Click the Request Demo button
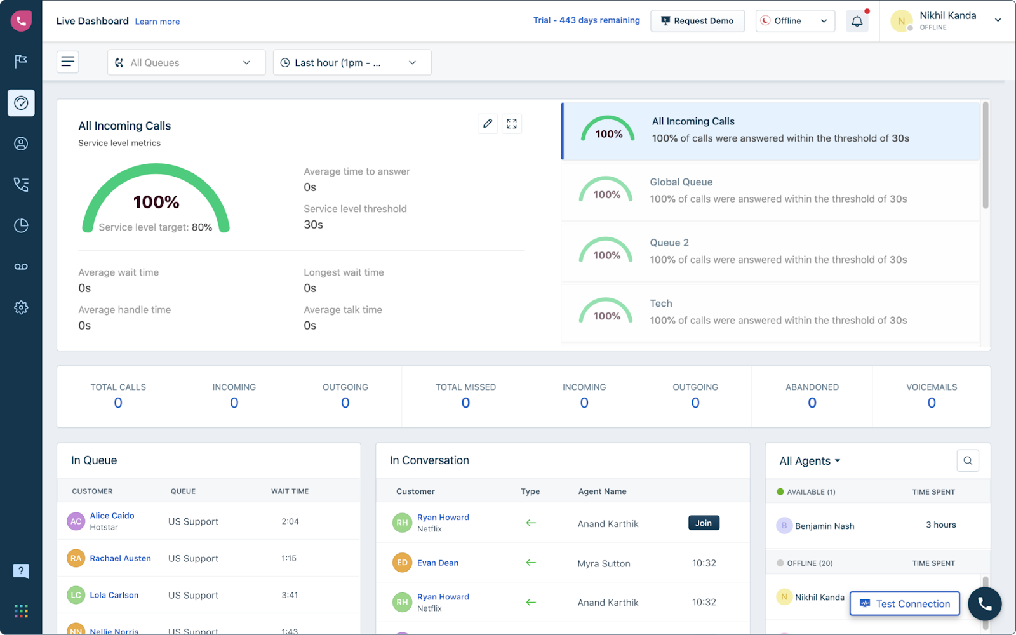click(x=697, y=21)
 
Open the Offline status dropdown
click(x=795, y=21)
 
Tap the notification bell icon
click(x=857, y=22)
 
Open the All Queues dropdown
click(x=186, y=62)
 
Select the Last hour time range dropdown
click(x=352, y=62)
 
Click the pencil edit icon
click(x=487, y=124)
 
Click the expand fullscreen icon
click(x=512, y=124)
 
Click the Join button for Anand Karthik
click(x=703, y=523)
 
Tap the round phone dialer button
click(x=984, y=604)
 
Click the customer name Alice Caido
click(x=112, y=516)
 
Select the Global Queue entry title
click(x=681, y=182)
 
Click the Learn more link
click(x=157, y=22)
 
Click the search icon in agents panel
click(x=967, y=461)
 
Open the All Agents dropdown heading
click(x=810, y=461)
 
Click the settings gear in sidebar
click(x=21, y=307)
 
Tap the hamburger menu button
click(x=68, y=62)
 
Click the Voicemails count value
click(x=931, y=403)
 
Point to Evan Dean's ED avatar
click(x=402, y=563)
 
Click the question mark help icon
click(x=21, y=570)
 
